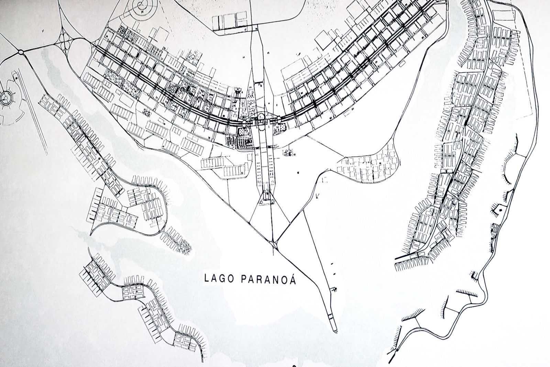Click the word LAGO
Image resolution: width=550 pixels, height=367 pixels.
tap(217, 278)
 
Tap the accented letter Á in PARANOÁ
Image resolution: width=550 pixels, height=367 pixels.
tap(293, 278)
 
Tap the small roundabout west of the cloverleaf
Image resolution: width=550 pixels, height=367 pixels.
tap(21, 52)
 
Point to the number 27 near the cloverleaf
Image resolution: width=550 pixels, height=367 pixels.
tap(43, 31)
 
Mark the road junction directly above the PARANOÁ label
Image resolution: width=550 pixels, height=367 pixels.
tap(274, 245)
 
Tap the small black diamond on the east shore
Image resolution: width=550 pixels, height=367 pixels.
tap(500, 208)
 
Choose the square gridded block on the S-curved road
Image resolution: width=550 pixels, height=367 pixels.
tap(133, 291)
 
